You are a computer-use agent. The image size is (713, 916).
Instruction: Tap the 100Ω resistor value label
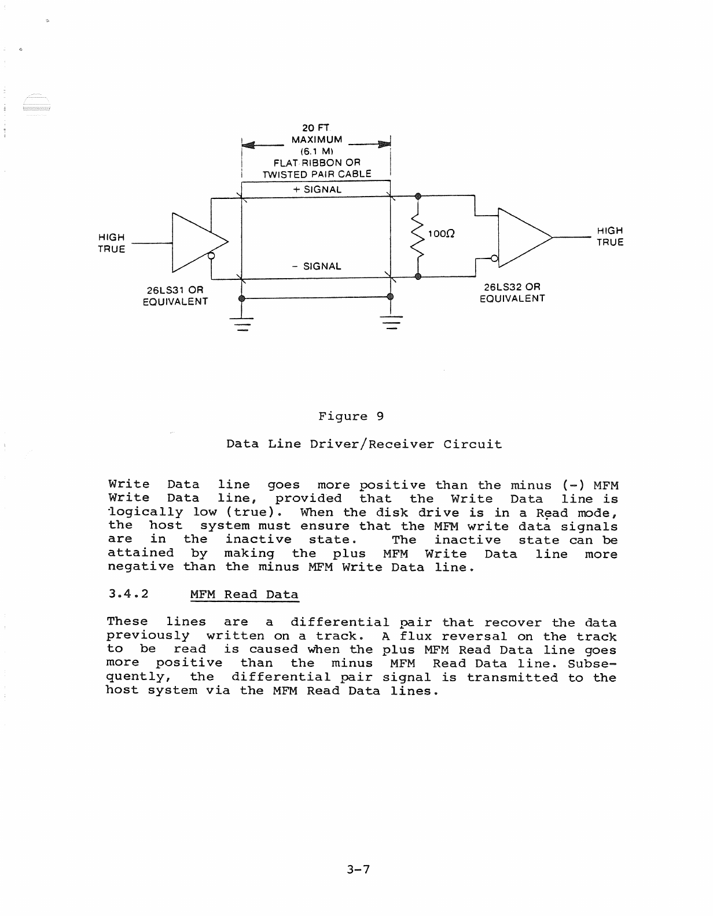(441, 234)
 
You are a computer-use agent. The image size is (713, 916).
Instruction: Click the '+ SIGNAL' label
(317, 189)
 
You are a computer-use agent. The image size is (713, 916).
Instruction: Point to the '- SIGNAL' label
(317, 266)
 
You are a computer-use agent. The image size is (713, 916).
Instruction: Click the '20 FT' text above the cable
(316, 127)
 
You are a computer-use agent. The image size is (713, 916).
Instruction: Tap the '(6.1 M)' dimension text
(316, 151)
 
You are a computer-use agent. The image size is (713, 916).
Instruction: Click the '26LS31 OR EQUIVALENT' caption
(175, 295)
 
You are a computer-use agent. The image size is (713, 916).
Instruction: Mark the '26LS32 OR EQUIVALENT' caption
(512, 293)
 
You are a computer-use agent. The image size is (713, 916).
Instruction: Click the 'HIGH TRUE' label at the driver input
(112, 243)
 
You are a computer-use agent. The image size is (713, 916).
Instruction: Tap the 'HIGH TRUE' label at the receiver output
(610, 237)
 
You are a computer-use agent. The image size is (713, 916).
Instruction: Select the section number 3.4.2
(128, 594)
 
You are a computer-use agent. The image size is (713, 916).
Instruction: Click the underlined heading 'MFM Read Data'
(244, 594)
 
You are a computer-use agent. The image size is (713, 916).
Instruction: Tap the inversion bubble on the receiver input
(495, 258)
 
